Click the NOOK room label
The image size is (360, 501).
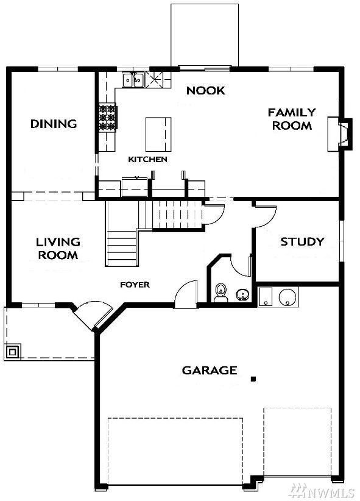click(x=206, y=91)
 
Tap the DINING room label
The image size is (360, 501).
click(x=54, y=124)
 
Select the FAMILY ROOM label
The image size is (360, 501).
click(x=292, y=119)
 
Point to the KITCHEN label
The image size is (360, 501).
click(x=147, y=159)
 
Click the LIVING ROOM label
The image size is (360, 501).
click(x=58, y=248)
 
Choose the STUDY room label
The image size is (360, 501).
click(x=302, y=241)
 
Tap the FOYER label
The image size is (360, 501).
click(x=135, y=285)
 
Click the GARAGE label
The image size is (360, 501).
click(x=210, y=371)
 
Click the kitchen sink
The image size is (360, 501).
click(x=134, y=80)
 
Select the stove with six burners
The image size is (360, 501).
click(x=108, y=117)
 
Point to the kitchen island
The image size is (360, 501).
click(x=158, y=134)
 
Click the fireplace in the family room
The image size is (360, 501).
click(x=340, y=134)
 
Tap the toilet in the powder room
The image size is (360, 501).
click(x=221, y=293)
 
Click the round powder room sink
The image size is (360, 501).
click(x=243, y=294)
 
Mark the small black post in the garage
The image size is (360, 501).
click(x=253, y=379)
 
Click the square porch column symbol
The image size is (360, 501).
click(x=13, y=352)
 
